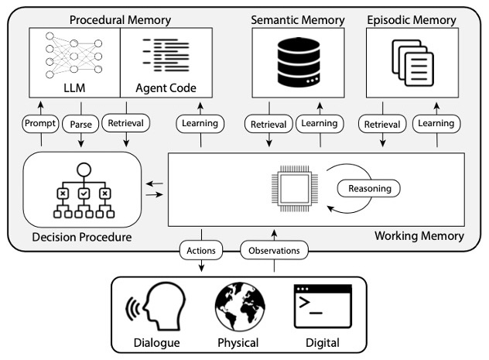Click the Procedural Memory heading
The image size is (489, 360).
[119, 18]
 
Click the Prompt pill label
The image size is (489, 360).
[41, 123]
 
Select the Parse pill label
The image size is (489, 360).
[81, 123]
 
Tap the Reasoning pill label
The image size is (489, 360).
[370, 187]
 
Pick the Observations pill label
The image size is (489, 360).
[275, 250]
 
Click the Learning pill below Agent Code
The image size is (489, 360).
[201, 123]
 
